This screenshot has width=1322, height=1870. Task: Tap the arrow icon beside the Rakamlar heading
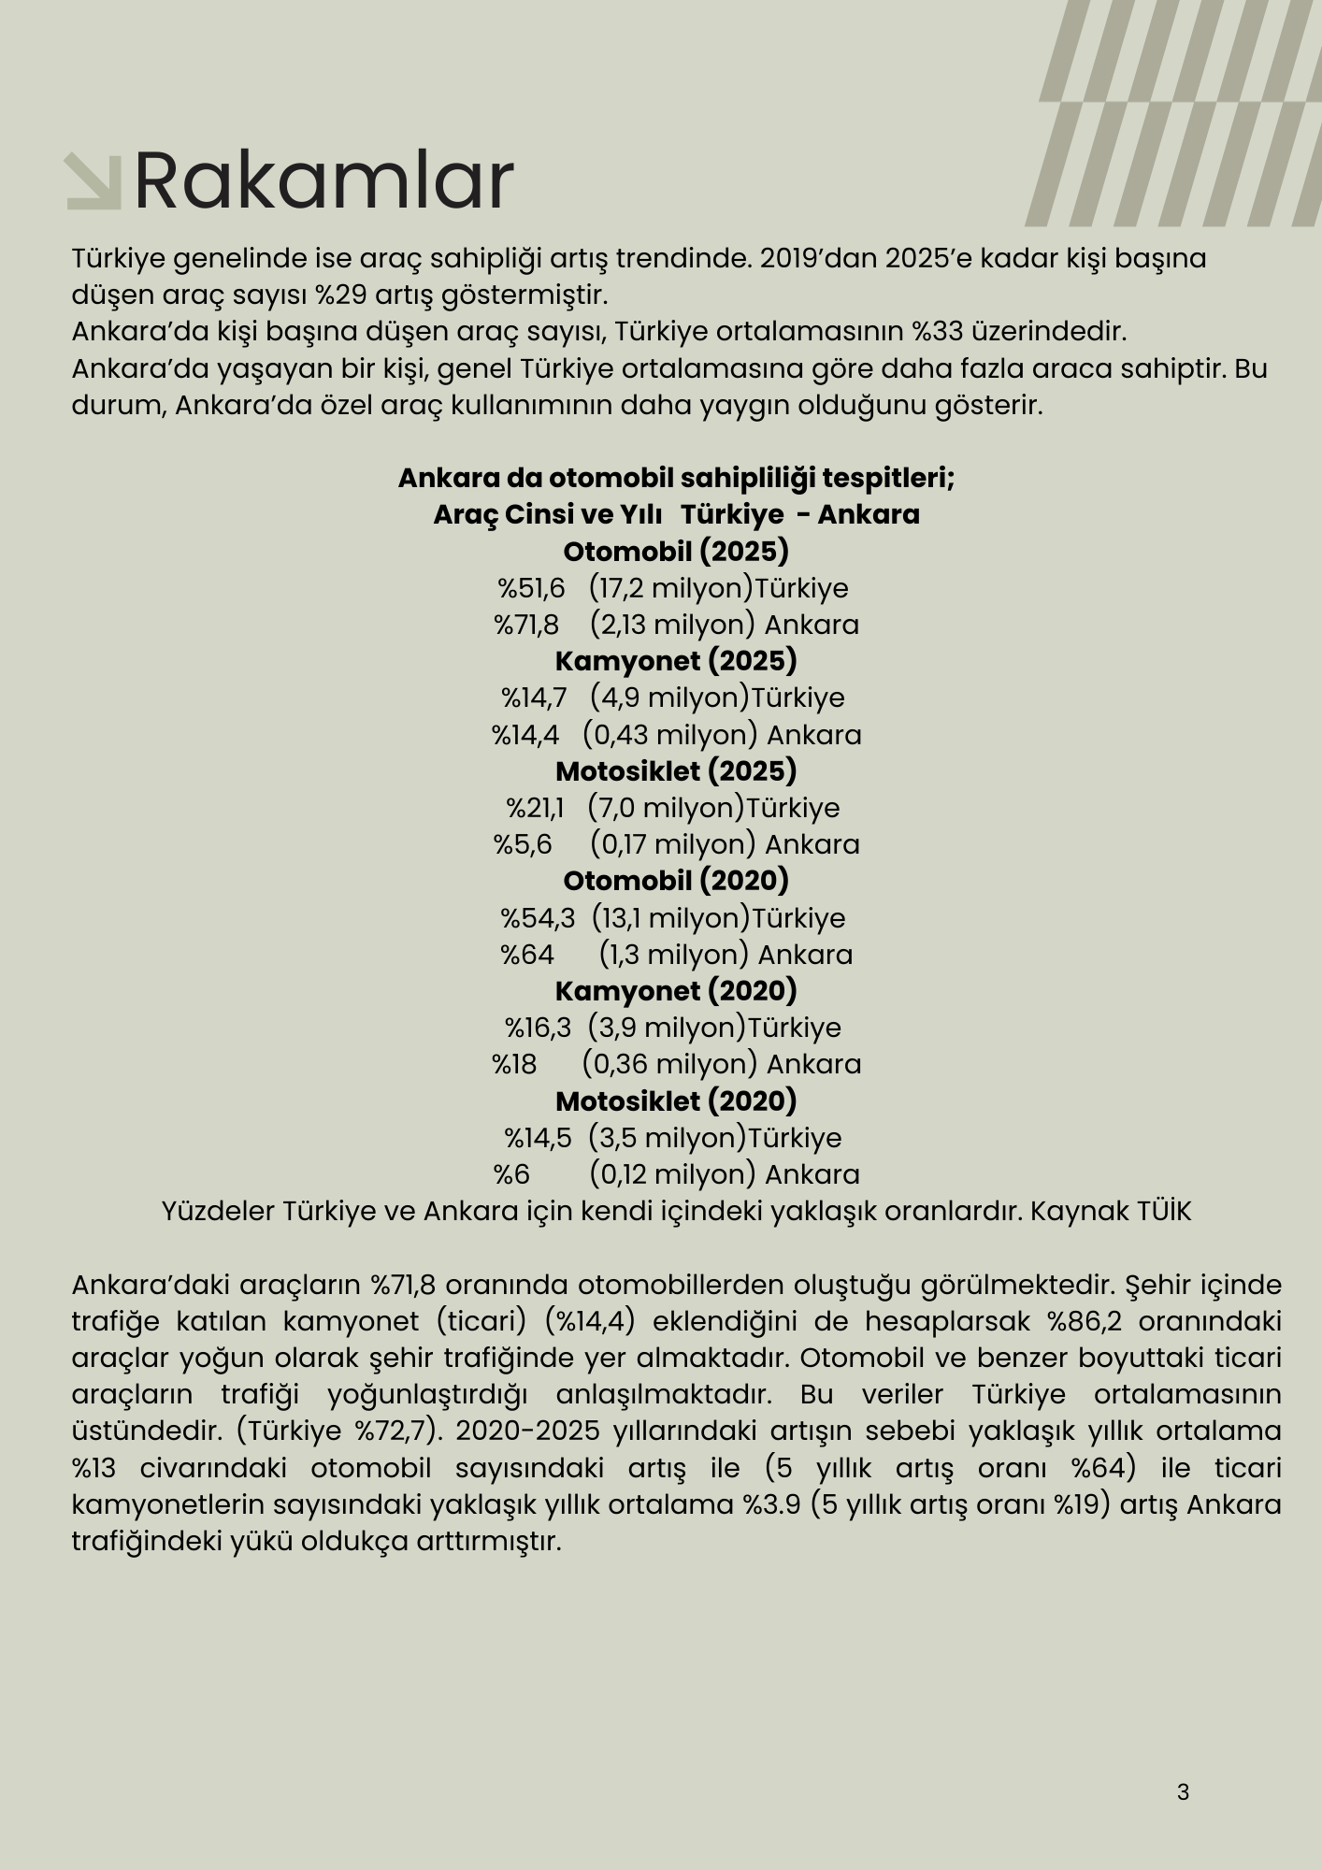(x=93, y=181)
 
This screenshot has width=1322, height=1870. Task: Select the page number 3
(x=1183, y=1791)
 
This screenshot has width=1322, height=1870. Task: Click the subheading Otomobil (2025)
(x=676, y=551)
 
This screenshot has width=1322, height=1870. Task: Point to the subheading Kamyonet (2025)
(x=676, y=661)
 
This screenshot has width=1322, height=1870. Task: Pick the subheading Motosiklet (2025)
(x=676, y=771)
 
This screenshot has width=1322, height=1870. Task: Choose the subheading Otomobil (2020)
(x=676, y=881)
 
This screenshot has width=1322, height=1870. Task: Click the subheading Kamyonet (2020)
(x=676, y=991)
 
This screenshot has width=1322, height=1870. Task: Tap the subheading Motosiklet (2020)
(x=676, y=1101)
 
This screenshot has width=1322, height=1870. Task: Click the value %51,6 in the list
(x=531, y=588)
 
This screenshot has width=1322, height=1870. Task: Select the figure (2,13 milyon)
(x=672, y=625)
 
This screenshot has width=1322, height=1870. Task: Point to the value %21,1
(x=535, y=808)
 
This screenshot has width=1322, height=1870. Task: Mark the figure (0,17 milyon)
(x=672, y=844)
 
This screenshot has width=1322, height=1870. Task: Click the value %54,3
(x=538, y=918)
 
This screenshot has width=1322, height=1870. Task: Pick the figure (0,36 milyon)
(x=669, y=1064)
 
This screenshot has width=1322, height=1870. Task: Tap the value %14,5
(x=538, y=1138)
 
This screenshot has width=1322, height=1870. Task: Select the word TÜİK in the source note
(x=1164, y=1211)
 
